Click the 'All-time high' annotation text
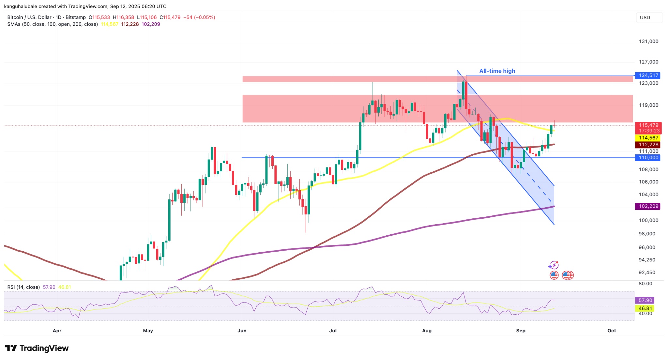(x=497, y=71)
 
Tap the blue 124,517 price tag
(x=648, y=75)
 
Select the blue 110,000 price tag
(x=648, y=158)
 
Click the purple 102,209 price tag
(x=648, y=206)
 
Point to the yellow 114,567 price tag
(x=648, y=138)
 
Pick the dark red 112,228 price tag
(x=648, y=145)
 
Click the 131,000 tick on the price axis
(x=648, y=41)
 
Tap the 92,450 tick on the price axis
(x=647, y=273)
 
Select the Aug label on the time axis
(x=427, y=331)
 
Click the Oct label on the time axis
(x=612, y=331)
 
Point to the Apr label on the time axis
(x=57, y=331)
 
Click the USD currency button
(x=645, y=18)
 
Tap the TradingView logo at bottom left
(x=37, y=348)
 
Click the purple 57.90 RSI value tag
(x=645, y=300)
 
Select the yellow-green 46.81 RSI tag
(x=645, y=308)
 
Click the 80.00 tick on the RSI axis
(x=645, y=284)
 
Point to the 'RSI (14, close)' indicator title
(x=23, y=287)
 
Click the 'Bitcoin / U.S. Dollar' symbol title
(x=29, y=17)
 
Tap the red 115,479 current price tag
(x=648, y=125)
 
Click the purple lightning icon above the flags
(x=554, y=265)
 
